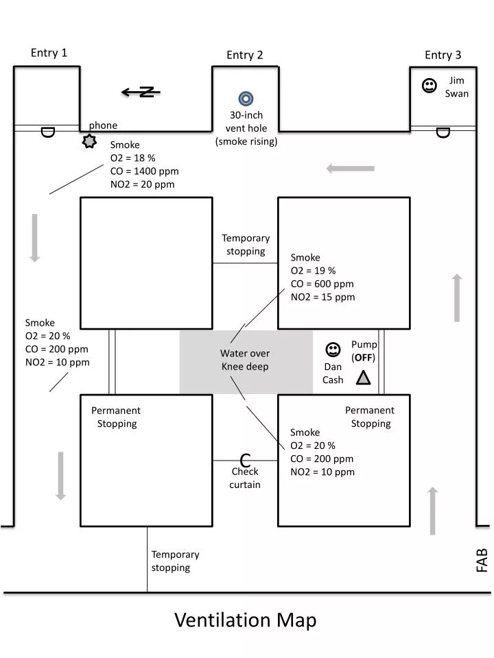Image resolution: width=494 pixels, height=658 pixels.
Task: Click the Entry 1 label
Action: pos(49,53)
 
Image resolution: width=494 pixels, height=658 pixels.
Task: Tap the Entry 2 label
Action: pos(245,56)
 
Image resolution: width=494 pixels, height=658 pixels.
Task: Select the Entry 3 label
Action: pos(443,56)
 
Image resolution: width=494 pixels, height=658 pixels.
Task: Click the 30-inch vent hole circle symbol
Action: pos(246,98)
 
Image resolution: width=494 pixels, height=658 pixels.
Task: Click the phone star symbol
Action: pos(89,142)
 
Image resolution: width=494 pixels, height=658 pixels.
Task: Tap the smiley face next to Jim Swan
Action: pos(430,86)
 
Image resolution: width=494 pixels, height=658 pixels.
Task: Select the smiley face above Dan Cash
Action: pos(333,350)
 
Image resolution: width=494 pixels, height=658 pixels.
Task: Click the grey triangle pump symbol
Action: pos(363,378)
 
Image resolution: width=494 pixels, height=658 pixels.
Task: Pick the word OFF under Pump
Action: pos(364,357)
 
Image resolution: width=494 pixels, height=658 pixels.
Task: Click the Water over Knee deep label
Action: pos(245,360)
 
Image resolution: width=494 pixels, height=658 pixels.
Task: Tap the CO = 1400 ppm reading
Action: pos(144,171)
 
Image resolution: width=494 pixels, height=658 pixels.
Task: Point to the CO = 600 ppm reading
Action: pos(322,284)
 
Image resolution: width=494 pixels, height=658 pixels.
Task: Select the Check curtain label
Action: pos(245,478)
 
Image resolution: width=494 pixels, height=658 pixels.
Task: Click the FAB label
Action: pos(482,559)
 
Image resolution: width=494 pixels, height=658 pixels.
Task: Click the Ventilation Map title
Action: pos(245,620)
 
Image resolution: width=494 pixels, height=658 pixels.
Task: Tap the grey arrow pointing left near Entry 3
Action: pos(350,168)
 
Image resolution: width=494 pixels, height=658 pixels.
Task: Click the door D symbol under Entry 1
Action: pos(47,131)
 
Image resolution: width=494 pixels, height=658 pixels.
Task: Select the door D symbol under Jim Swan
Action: pos(443,132)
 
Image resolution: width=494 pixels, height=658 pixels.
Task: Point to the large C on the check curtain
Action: pos(245,461)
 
